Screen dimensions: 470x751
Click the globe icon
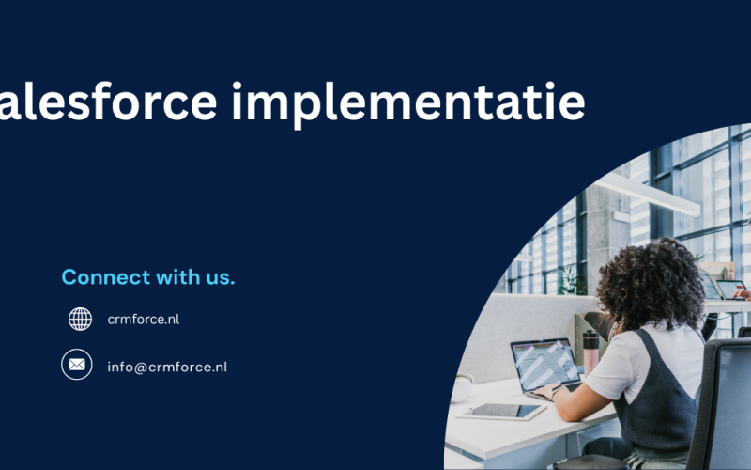80,320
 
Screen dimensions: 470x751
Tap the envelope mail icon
77,365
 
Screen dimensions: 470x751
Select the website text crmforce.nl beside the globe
143,320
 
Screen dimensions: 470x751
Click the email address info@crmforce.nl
167,367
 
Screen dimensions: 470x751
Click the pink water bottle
590,351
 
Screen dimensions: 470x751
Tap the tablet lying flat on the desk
502,411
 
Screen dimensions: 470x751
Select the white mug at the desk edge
462,387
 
